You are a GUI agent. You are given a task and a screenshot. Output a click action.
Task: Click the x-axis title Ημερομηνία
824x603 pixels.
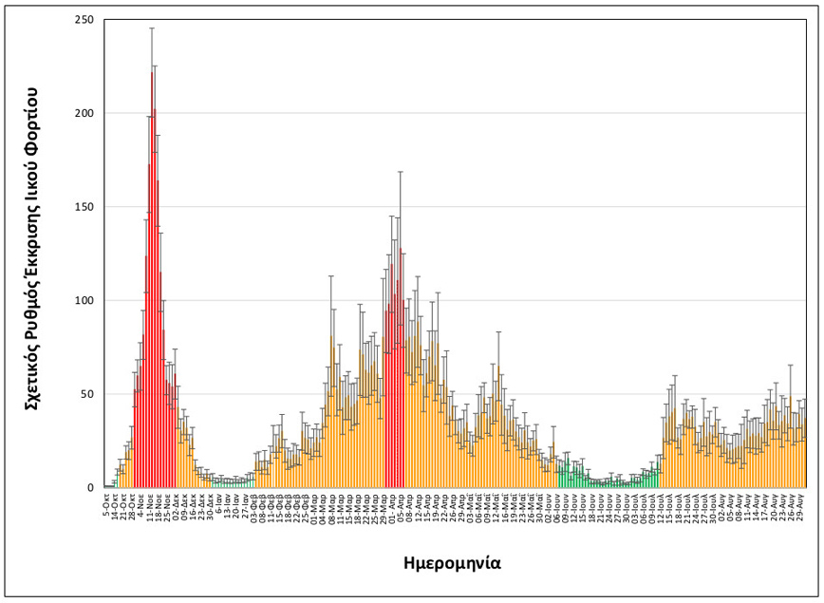pyautogui.click(x=450, y=563)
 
